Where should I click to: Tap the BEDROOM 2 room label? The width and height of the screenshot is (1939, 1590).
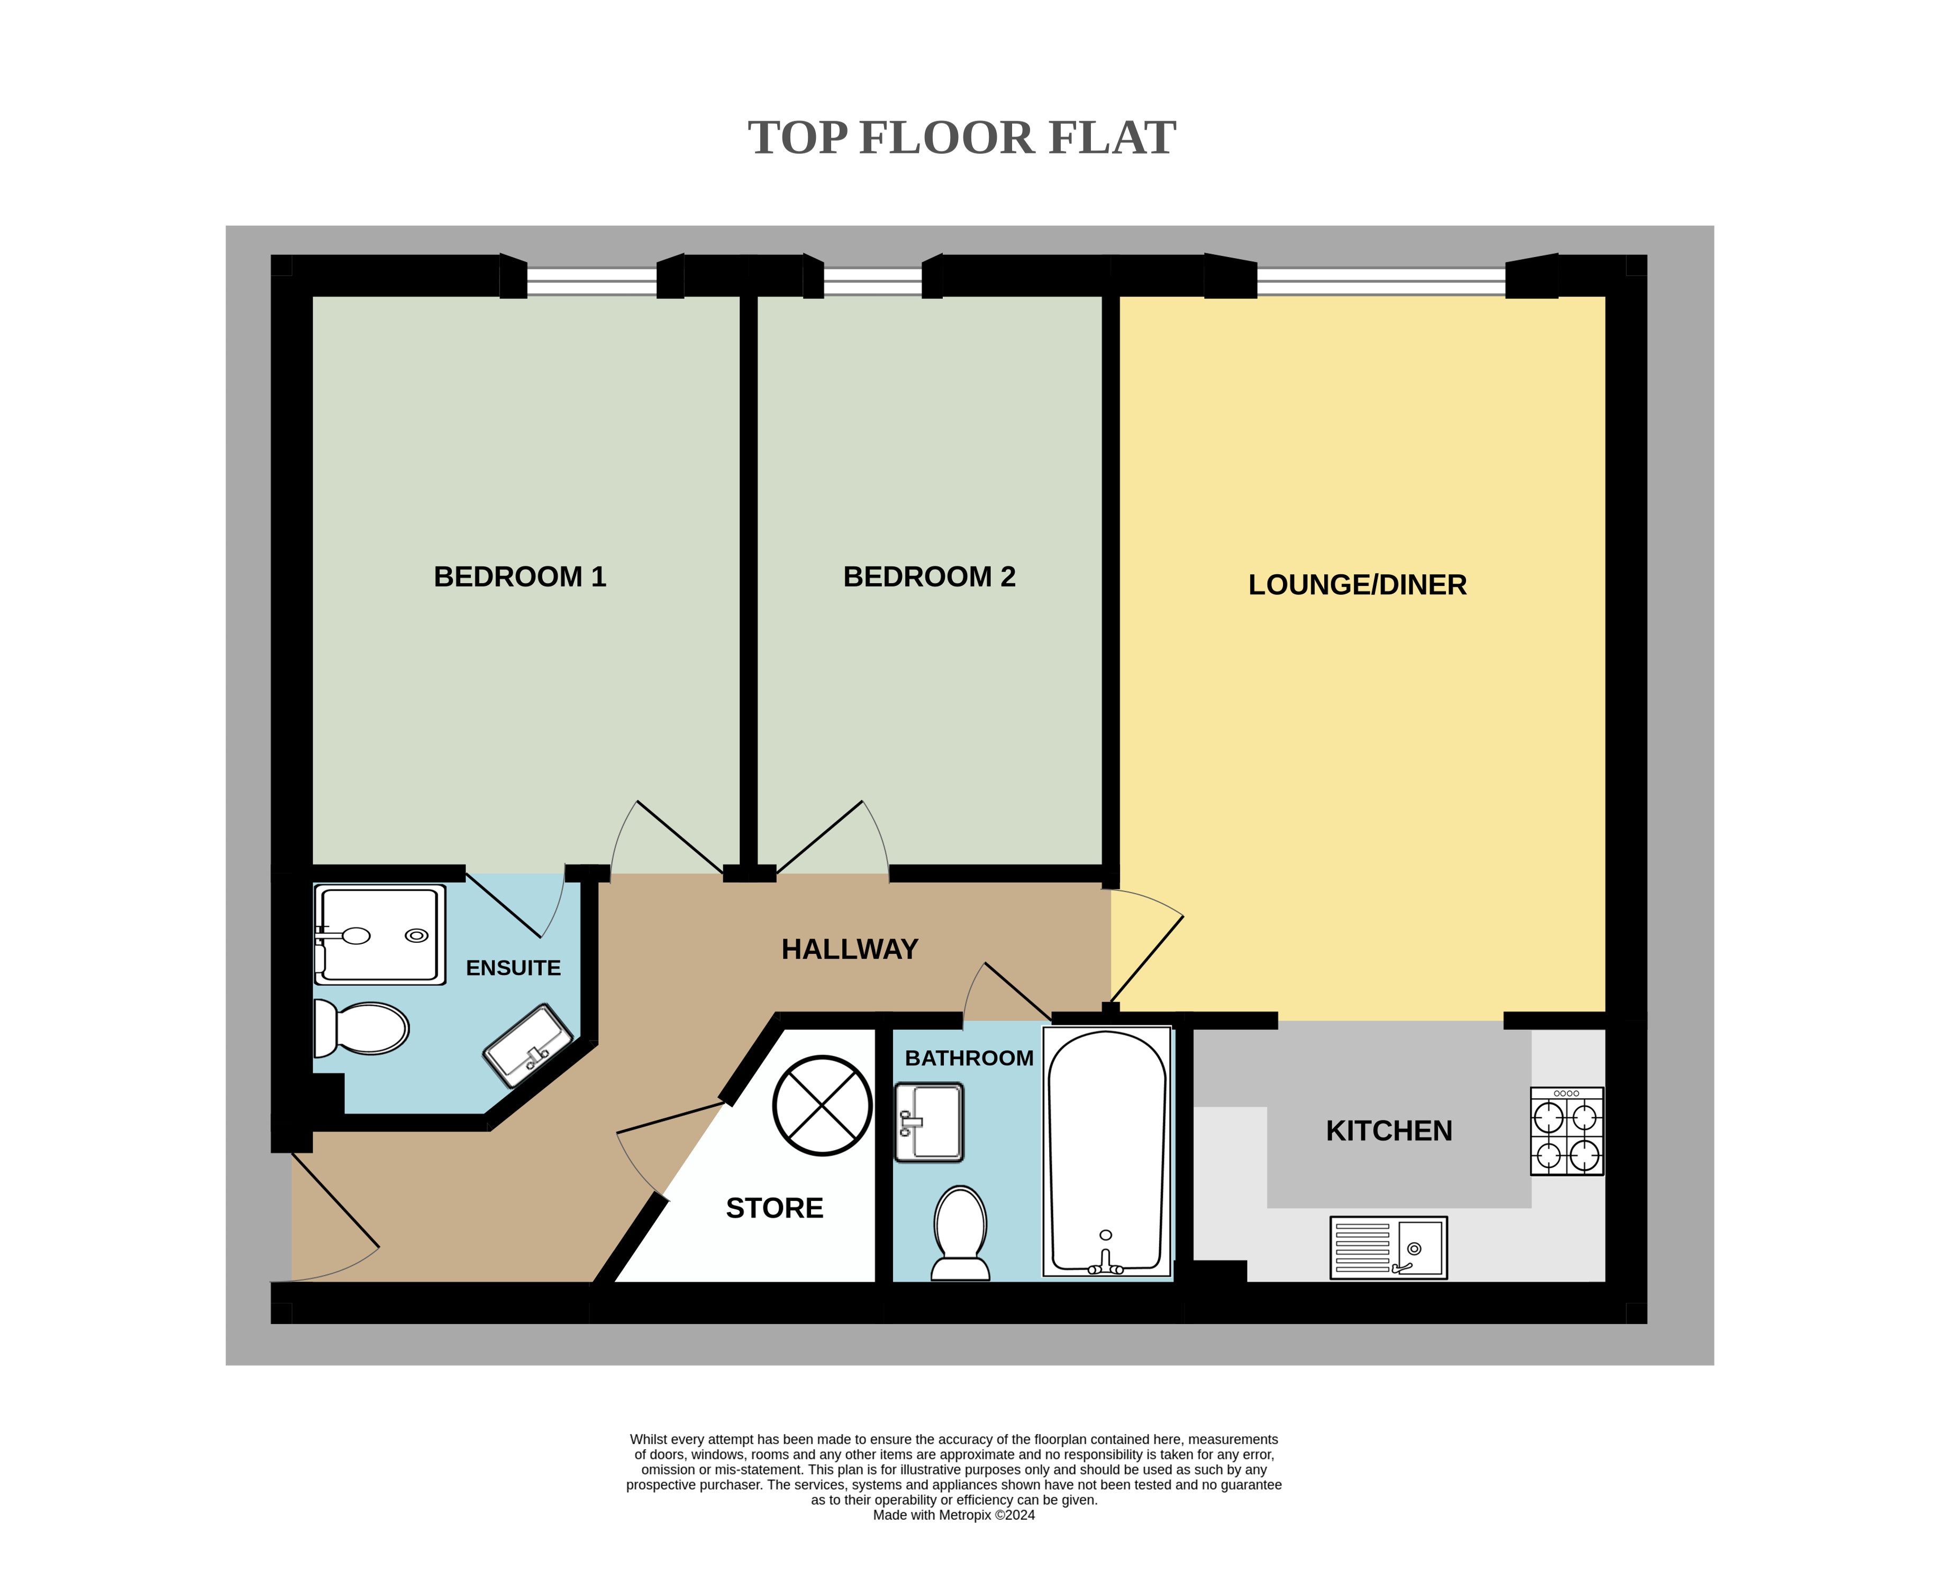click(929, 577)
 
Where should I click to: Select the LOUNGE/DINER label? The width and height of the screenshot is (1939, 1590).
click(1357, 585)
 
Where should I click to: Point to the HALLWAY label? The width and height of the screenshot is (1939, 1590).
click(850, 949)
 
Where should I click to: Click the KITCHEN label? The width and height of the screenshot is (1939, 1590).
click(1389, 1131)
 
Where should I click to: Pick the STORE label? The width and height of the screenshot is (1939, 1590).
click(775, 1208)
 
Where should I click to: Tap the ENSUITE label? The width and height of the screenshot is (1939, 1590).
click(513, 968)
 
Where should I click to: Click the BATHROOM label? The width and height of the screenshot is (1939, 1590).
click(969, 1058)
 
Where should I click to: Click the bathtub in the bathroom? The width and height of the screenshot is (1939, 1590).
click(1107, 1151)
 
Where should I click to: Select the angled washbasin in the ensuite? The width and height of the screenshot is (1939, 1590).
click(528, 1045)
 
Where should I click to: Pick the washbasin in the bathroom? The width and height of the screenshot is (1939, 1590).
click(929, 1123)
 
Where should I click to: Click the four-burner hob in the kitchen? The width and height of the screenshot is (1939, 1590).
click(1567, 1131)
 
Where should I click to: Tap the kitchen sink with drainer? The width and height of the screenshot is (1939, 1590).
click(1388, 1247)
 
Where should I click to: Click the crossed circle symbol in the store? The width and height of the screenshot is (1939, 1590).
click(822, 1106)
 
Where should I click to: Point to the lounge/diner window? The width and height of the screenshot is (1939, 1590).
click(1381, 281)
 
